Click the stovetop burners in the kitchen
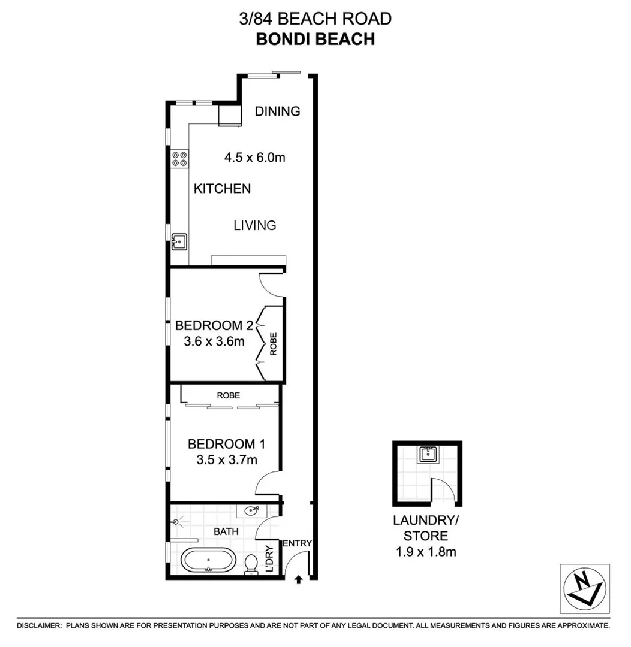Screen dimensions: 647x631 pyautogui.click(x=179, y=158)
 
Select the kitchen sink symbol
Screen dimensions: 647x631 pyautogui.click(x=179, y=241)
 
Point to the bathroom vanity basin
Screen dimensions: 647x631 pyautogui.click(x=252, y=510)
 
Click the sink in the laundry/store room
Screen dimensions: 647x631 pyautogui.click(x=427, y=454)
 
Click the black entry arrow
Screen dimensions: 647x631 pyautogui.click(x=298, y=579)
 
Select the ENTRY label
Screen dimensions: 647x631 pyautogui.click(x=297, y=543)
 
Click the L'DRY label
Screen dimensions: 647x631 pyautogui.click(x=269, y=560)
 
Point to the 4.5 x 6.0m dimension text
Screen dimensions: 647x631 pyautogui.click(x=254, y=158)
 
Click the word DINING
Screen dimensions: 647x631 pyautogui.click(x=277, y=111)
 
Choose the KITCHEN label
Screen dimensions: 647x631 pyautogui.click(x=222, y=189)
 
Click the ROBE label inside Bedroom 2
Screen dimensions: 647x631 pyautogui.click(x=274, y=344)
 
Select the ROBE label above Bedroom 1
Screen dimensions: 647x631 pyautogui.click(x=229, y=395)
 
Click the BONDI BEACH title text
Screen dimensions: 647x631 pyautogui.click(x=315, y=39)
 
